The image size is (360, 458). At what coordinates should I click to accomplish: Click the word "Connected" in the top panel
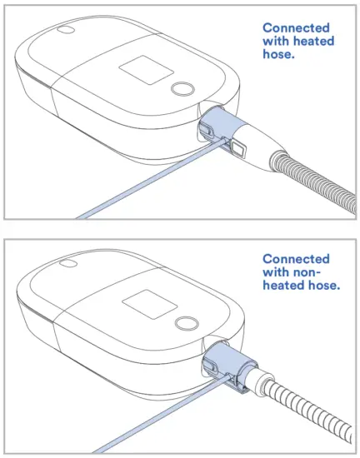point(295,27)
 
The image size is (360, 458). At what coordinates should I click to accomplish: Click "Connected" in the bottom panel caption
point(295,260)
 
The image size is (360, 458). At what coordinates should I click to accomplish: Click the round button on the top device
point(180,88)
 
